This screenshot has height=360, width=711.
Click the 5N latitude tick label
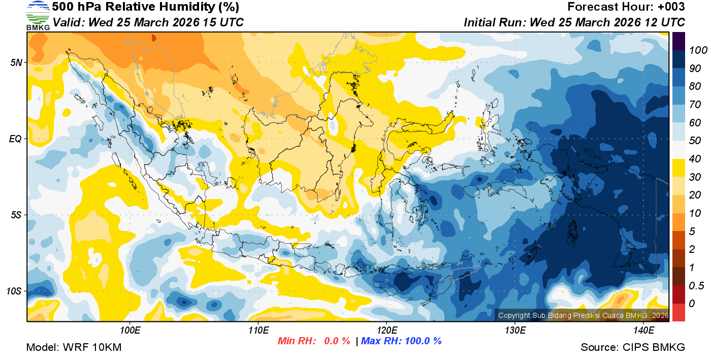point(16,62)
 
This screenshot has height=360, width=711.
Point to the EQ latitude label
point(15,139)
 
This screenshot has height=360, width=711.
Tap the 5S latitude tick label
point(16,215)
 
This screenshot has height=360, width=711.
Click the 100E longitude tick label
point(130,331)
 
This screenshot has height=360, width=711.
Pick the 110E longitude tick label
point(258,331)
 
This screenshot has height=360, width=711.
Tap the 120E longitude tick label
point(386,331)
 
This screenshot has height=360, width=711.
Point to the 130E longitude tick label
point(515,331)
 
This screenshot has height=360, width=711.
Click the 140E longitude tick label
point(643,331)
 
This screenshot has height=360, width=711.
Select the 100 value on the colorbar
point(695,50)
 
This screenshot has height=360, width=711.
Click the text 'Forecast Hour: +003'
point(626,7)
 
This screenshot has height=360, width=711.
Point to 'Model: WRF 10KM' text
point(74,347)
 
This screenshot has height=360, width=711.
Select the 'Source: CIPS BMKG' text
point(633,347)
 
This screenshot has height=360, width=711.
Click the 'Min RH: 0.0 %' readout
point(314,341)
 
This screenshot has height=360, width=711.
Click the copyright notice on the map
point(583,316)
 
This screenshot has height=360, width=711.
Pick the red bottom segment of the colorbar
point(678,312)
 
